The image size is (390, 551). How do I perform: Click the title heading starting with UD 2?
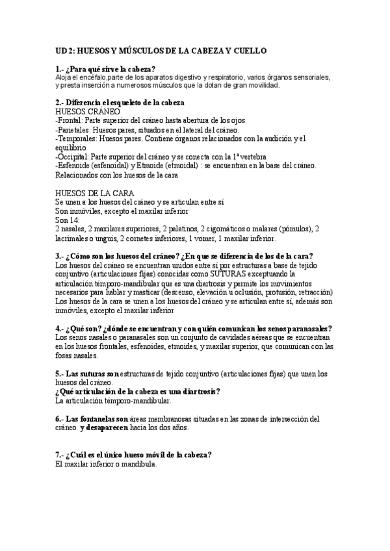pos(161,51)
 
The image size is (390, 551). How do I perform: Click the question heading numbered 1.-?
pos(106,69)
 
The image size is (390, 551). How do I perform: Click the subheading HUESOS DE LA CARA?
pos(95,193)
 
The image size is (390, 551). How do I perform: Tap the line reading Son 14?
pos(68,220)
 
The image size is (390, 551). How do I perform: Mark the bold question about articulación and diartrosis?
pos(138,392)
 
